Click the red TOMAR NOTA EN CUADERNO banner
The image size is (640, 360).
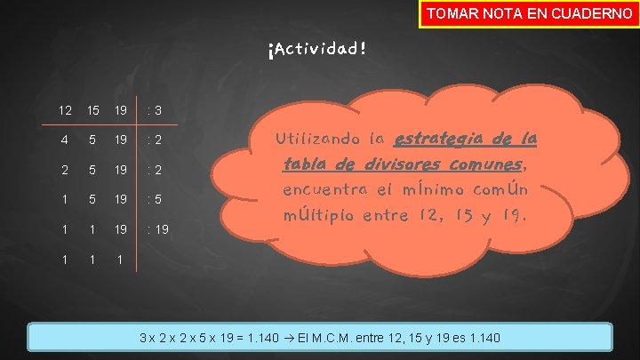pos(529,14)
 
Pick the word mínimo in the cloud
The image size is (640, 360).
pos(435,190)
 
